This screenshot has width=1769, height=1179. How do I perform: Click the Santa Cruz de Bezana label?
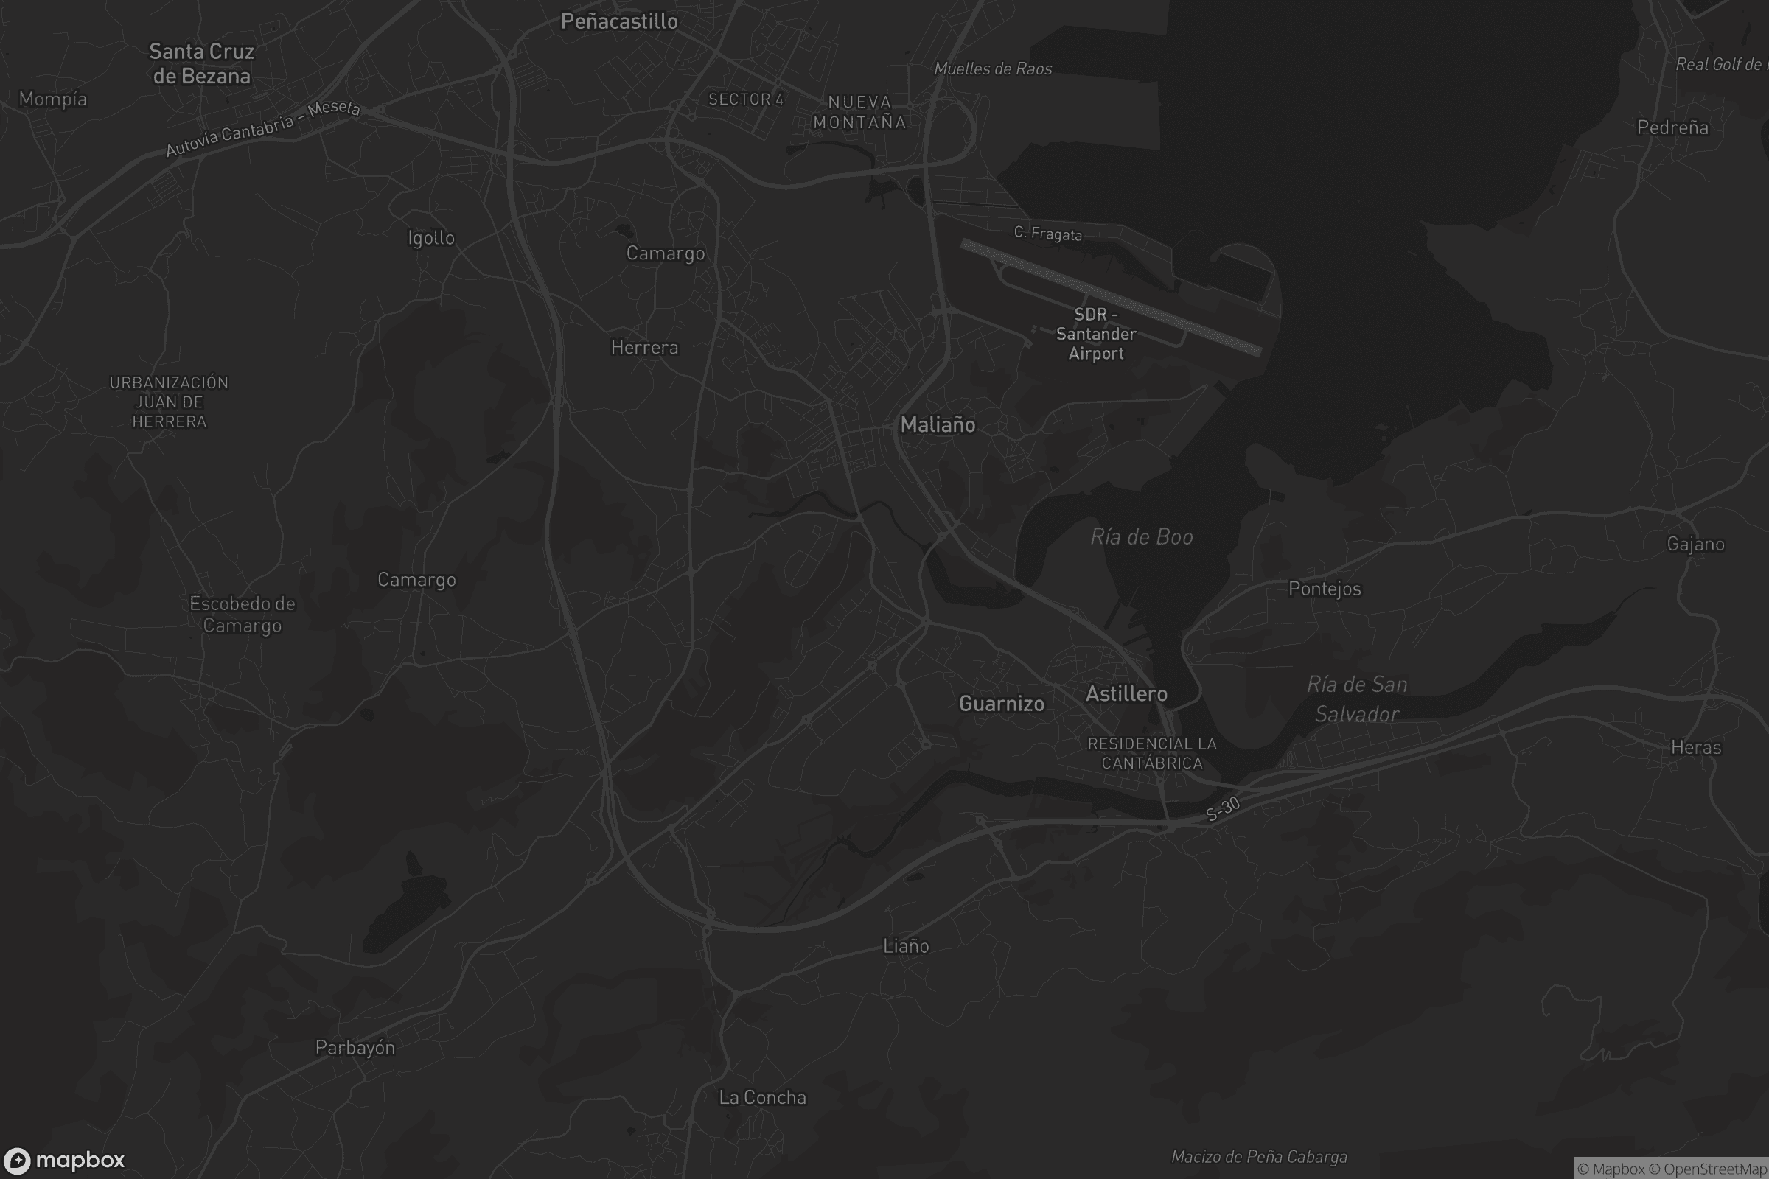[x=201, y=63]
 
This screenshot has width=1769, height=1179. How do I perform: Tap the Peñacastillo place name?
[x=619, y=21]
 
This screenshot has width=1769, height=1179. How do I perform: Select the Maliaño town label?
[x=937, y=425]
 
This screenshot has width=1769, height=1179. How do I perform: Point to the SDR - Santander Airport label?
[x=1096, y=334]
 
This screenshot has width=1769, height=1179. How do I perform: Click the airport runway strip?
[x=1110, y=297]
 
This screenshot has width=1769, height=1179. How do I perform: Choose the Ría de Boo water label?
[x=1141, y=537]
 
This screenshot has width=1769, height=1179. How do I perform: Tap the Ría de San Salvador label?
[x=1357, y=699]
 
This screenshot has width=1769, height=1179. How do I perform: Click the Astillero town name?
[x=1126, y=693]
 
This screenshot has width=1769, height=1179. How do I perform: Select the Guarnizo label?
[x=1001, y=703]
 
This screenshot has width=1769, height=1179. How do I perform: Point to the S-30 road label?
[x=1222, y=809]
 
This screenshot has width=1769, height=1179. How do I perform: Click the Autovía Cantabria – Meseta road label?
[x=262, y=127]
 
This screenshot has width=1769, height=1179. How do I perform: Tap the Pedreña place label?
[x=1672, y=127]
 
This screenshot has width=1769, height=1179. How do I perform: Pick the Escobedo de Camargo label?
[x=243, y=615]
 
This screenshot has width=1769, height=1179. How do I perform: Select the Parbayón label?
[x=355, y=1047]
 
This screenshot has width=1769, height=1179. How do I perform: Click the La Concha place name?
[x=762, y=1097]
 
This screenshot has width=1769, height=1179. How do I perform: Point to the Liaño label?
[x=906, y=945]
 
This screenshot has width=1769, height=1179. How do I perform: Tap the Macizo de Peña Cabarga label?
[x=1258, y=1156]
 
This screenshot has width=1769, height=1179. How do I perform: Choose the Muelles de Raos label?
[x=992, y=69]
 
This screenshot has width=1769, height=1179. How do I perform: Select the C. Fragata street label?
[x=1047, y=233]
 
